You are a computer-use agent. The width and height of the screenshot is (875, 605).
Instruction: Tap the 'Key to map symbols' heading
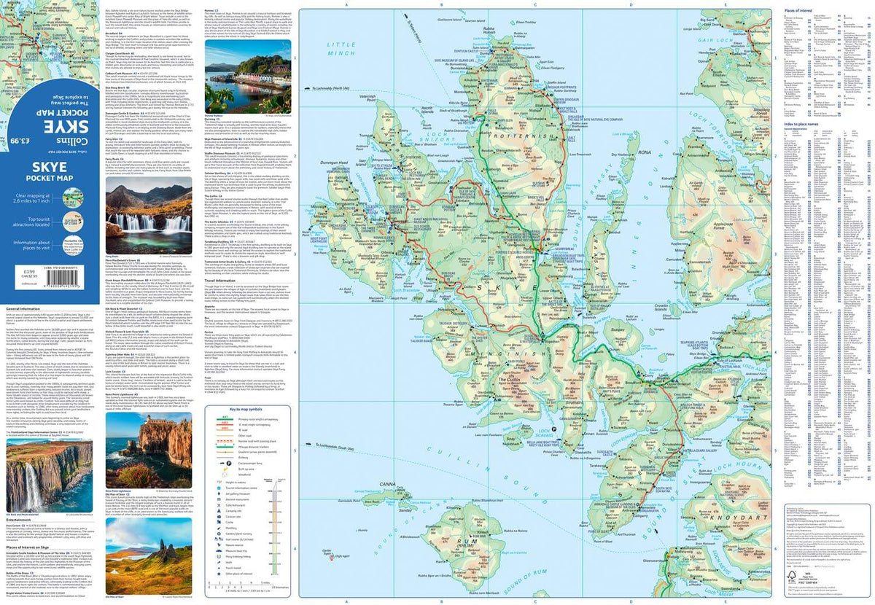(248, 410)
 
